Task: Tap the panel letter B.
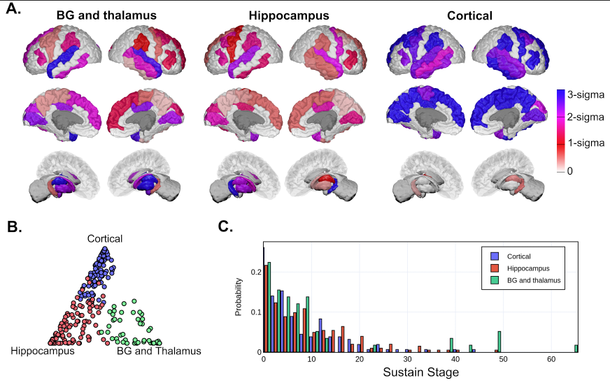13,227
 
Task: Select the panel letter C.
226,227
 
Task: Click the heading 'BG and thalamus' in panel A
106,15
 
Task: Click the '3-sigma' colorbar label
588,93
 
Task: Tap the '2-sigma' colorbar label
588,118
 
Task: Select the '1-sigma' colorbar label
588,143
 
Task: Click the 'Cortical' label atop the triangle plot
105,239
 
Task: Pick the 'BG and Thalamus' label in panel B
158,351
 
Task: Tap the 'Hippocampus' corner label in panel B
43,351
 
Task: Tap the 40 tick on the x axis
455,358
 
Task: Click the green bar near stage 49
499,342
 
